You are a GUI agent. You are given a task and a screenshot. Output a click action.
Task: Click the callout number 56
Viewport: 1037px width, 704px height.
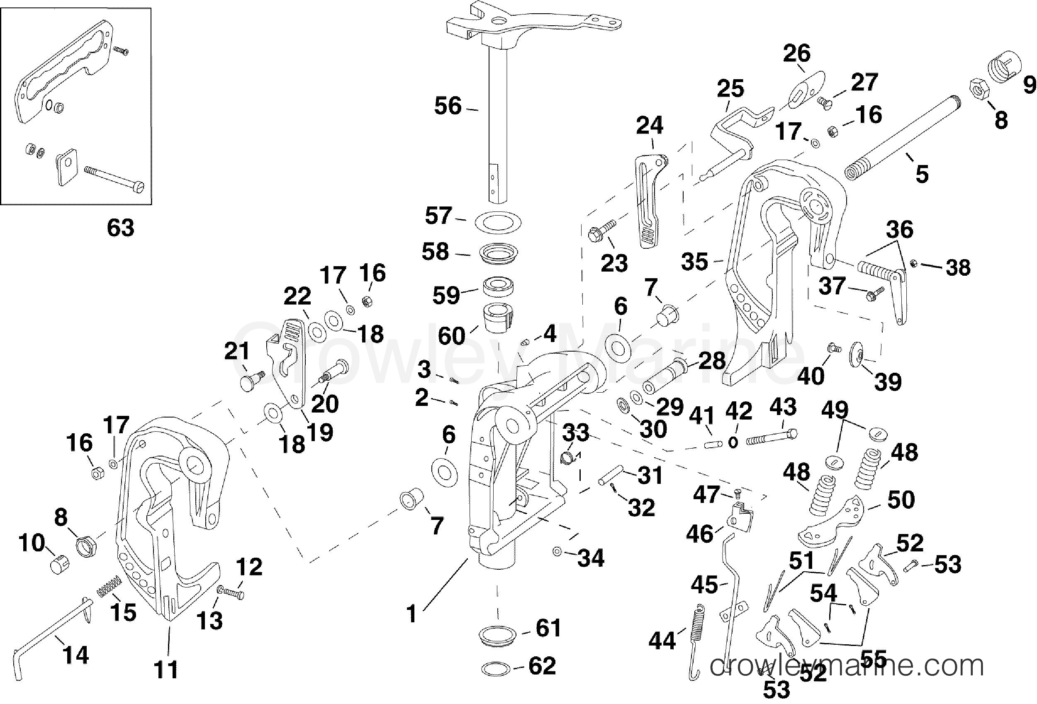448,107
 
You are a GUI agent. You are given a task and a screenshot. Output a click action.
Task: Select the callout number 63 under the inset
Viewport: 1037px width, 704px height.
120,228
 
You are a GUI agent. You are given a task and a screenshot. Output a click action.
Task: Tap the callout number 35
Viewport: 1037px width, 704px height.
695,262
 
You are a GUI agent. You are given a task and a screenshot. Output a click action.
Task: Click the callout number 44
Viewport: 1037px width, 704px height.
662,641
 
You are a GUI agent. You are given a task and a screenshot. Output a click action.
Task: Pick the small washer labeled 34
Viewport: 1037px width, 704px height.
556,552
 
